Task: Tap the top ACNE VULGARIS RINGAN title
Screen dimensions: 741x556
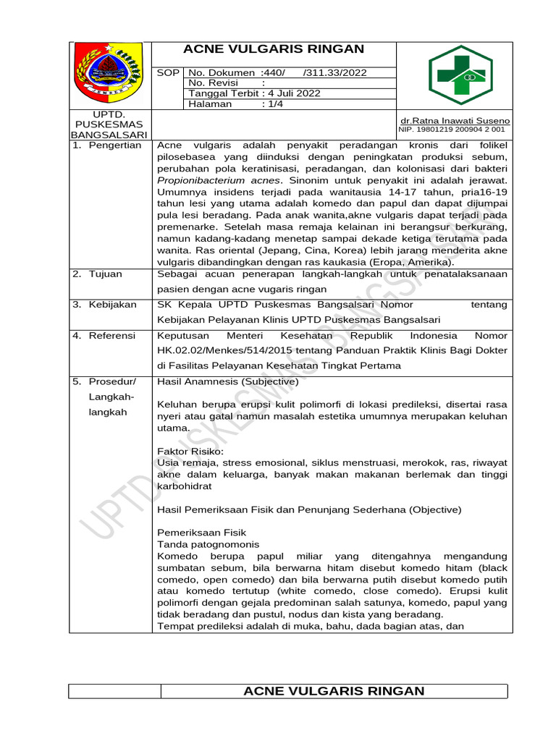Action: point(274,49)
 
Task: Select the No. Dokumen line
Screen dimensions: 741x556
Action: point(277,72)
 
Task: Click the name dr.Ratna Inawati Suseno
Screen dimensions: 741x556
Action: point(455,120)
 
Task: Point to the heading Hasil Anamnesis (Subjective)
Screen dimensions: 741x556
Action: point(227,381)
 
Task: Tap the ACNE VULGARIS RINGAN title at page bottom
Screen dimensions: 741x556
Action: point(334,691)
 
